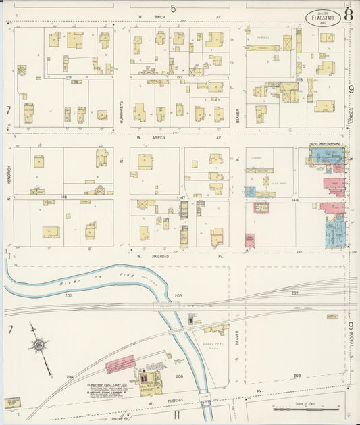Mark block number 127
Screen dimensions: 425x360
pos(180,78)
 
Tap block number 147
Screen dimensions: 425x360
pos(182,197)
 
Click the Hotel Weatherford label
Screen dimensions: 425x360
pos(327,144)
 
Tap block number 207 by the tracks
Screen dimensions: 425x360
pos(294,293)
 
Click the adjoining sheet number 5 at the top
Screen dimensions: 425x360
pos(174,8)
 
